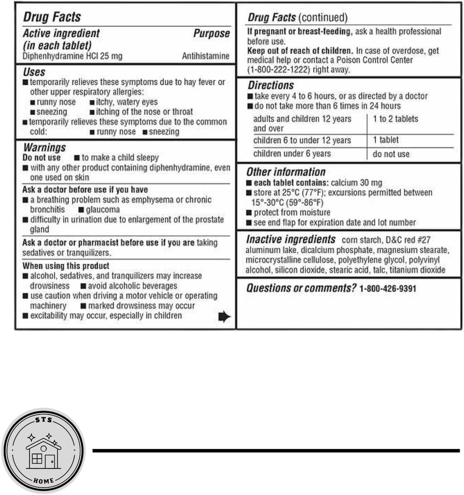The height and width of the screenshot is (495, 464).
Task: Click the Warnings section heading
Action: (x=44, y=147)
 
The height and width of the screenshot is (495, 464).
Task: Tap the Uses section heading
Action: (x=34, y=72)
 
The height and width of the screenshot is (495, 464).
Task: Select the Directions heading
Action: (x=270, y=86)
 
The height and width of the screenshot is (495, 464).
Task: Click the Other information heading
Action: (x=286, y=172)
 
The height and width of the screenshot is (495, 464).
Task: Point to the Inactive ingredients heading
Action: (x=291, y=239)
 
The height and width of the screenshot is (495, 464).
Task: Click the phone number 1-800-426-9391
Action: (x=388, y=289)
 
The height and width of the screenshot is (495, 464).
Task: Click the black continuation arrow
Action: (x=225, y=317)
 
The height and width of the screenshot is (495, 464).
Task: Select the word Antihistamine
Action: (x=206, y=56)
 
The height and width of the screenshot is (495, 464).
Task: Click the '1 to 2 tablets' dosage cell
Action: (x=395, y=119)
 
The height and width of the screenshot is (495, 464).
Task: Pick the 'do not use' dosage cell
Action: (x=391, y=155)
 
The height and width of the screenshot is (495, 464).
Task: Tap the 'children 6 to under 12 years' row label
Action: (x=302, y=141)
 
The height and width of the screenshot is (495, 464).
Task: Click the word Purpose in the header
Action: (x=211, y=34)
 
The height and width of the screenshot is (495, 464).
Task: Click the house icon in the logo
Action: (x=43, y=455)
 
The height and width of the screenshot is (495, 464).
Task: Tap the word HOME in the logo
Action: (x=43, y=480)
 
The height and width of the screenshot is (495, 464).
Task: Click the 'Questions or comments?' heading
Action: (x=301, y=289)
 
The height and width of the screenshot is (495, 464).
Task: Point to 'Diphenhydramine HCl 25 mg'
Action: (x=72, y=56)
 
